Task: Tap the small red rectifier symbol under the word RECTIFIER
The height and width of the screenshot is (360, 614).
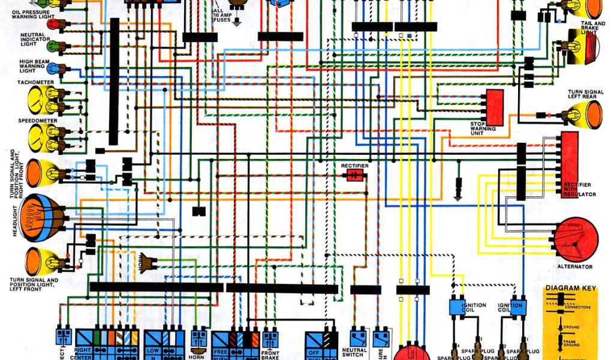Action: click(x=355, y=175)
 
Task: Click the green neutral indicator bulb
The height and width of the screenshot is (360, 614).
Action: click(x=52, y=46)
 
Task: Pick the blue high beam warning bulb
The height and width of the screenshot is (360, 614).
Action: click(x=52, y=68)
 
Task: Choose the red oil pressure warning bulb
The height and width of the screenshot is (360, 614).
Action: click(x=52, y=24)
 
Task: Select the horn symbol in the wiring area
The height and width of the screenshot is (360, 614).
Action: click(x=146, y=262)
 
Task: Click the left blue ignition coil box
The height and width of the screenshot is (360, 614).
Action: click(x=460, y=306)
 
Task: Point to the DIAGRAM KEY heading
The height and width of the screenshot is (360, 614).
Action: click(x=570, y=289)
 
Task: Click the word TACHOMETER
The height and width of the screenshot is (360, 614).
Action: click(x=36, y=82)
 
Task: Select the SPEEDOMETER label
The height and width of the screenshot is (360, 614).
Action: click(x=37, y=121)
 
